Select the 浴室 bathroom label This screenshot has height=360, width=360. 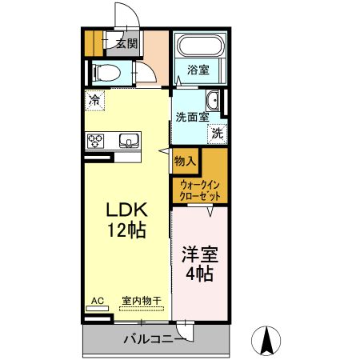198,70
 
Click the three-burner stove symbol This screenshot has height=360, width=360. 96,141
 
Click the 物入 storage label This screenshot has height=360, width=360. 185,161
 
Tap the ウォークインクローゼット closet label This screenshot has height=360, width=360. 200,190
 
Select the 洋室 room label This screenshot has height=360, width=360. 200,255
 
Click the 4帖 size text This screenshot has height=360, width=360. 200,275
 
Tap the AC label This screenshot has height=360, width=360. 97,301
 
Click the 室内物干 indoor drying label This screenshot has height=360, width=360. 141,301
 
